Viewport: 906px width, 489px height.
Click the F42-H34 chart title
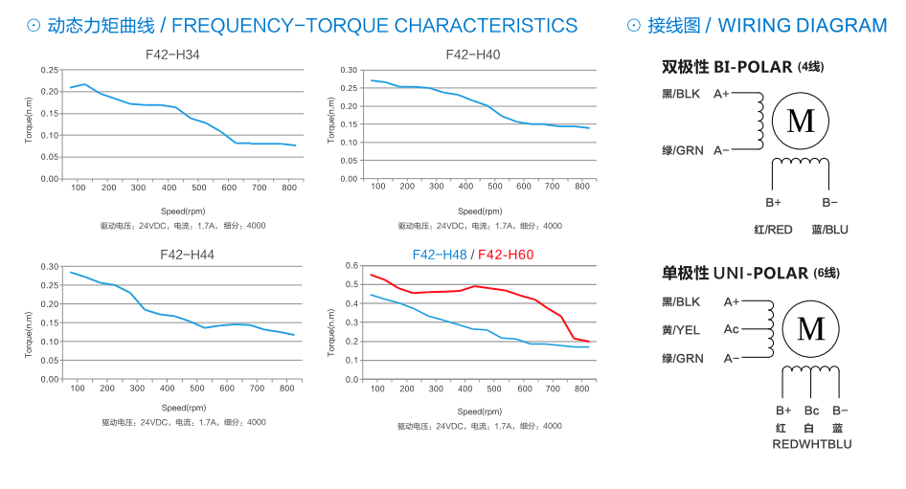pos(172,55)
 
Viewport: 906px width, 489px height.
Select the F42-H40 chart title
pos(472,55)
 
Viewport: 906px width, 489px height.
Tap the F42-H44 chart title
pos(173,255)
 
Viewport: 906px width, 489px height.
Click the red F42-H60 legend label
pos(506,255)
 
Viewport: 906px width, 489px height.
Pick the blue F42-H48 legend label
pos(440,255)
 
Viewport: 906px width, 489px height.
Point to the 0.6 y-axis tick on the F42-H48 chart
pos(351,266)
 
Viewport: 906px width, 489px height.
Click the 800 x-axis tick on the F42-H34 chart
pos(288,188)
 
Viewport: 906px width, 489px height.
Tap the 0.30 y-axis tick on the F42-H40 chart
pos(349,71)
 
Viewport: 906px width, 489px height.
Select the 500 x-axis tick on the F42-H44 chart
pos(198,388)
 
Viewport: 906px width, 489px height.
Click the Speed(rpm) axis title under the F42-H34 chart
pos(183,210)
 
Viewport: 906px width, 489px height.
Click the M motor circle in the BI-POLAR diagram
pos(800,121)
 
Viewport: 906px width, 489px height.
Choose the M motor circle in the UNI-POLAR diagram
pos(810,329)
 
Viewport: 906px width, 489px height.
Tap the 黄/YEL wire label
pos(683,330)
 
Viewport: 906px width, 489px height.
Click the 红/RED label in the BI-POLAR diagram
pos(773,230)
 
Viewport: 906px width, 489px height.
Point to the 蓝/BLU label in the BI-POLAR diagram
pos(829,230)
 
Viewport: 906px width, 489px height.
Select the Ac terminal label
pos(731,330)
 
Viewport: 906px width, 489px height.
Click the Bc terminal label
pos(811,411)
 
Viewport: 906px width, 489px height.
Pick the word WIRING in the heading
pos(756,26)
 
